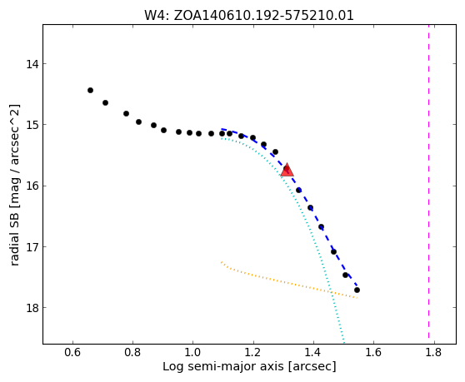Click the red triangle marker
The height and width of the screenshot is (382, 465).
[287, 170]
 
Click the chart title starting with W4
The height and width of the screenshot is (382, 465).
[249, 15]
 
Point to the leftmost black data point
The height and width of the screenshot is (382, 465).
[91, 91]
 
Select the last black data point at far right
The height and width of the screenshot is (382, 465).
[357, 290]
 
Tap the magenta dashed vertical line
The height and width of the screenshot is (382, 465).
[429, 184]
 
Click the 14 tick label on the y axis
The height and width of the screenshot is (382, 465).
[32, 64]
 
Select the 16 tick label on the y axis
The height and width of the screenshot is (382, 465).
[32, 186]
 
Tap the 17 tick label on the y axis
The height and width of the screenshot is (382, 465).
[32, 246]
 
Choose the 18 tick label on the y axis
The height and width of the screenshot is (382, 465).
[32, 308]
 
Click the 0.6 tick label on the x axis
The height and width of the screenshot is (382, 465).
[72, 353]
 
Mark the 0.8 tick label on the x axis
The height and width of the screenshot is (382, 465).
[132, 353]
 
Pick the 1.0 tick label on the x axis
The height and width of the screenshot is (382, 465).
[193, 353]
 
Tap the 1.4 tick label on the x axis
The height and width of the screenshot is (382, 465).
[313, 353]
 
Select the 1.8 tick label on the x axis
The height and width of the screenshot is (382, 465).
[434, 353]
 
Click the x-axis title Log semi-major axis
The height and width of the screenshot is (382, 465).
[224, 366]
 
